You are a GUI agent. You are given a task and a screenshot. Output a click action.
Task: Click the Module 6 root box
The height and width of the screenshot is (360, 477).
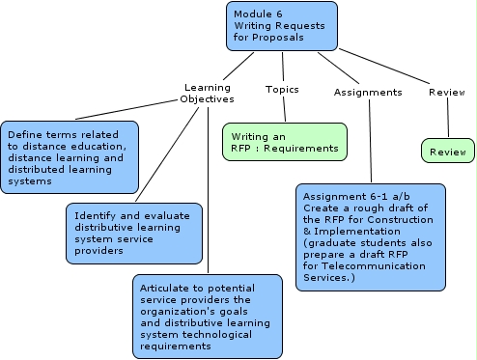(283, 26)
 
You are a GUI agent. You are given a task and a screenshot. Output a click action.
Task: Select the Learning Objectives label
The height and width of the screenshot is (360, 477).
(207, 93)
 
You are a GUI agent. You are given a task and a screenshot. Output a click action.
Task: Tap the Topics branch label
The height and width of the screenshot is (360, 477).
(282, 89)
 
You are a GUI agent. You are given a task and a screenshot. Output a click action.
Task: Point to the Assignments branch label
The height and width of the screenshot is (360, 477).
(367, 92)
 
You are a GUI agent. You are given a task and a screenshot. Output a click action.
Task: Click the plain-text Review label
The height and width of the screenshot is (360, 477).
(446, 92)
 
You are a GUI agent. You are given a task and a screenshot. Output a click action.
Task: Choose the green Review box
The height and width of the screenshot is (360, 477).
(448, 152)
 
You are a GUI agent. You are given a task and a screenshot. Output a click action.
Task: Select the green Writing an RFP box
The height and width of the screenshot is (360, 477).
(284, 142)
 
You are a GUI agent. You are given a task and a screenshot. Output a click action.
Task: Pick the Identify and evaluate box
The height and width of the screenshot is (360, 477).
(134, 233)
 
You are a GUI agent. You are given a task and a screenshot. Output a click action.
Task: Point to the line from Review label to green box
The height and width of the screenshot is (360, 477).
(448, 119)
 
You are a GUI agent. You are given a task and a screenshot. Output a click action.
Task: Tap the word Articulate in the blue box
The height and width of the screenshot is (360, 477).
(165, 288)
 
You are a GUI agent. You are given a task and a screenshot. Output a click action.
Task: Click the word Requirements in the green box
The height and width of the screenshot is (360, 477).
(304, 149)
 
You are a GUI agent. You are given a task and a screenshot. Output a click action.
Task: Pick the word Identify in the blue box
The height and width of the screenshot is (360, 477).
(90, 215)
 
